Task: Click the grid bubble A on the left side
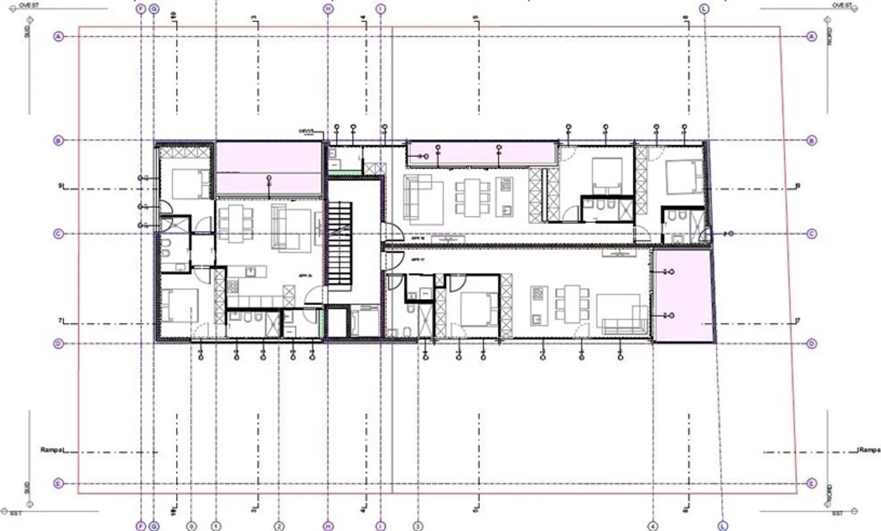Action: (59, 37)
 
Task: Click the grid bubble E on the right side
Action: (811, 483)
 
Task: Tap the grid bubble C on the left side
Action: (59, 234)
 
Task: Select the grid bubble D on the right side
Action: (811, 344)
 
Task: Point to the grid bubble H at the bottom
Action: (329, 525)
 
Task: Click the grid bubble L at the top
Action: (704, 9)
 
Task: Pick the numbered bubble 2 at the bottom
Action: (279, 525)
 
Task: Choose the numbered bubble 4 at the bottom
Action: (653, 525)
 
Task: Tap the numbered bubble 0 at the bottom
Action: (192, 525)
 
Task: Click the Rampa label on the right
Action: (869, 450)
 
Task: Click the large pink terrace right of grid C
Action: (682, 296)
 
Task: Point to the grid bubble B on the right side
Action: (811, 141)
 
